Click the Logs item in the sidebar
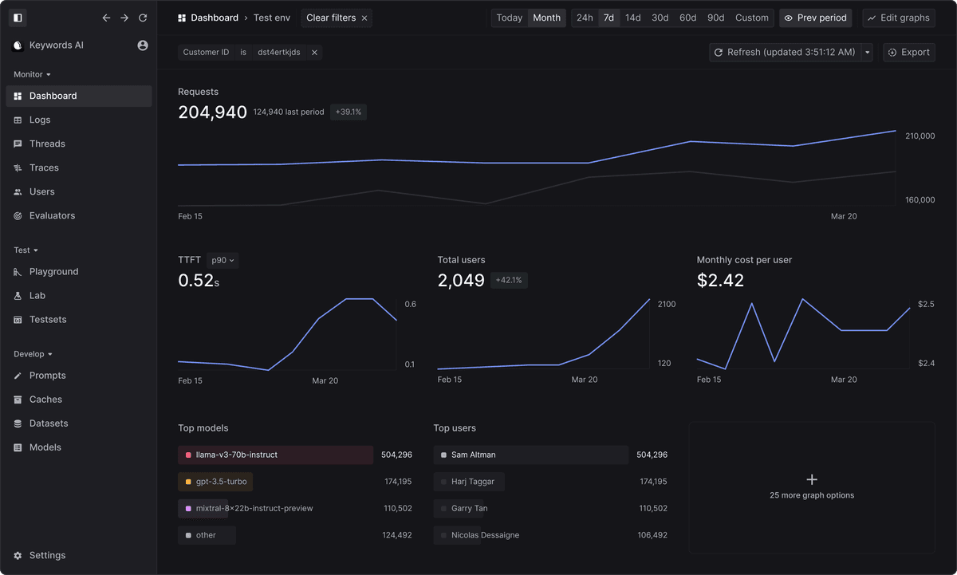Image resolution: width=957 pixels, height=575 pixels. (x=40, y=120)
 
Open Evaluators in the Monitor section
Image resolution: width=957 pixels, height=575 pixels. (x=52, y=215)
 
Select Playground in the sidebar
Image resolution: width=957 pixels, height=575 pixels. (x=53, y=271)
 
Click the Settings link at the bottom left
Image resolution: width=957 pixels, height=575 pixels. (x=47, y=555)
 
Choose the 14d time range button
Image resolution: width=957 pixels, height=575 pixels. (x=632, y=18)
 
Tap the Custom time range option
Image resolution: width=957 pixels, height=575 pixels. (x=751, y=18)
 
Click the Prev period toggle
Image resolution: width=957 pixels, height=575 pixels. (x=815, y=18)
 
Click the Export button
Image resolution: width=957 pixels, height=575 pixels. (x=908, y=52)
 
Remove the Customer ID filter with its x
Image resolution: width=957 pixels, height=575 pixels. (x=314, y=53)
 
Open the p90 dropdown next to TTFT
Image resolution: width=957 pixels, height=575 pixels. (x=223, y=260)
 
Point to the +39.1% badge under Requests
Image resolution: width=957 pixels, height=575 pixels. (x=349, y=112)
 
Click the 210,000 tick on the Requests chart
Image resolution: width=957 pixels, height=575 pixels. (x=920, y=136)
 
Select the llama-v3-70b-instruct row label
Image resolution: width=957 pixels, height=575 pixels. (x=237, y=455)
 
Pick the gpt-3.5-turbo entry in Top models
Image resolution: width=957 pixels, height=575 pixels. (x=221, y=482)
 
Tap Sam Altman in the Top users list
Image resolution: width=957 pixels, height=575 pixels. (x=473, y=455)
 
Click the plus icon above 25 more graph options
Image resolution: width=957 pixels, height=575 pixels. (x=812, y=479)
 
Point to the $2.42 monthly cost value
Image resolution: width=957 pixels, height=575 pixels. (x=720, y=280)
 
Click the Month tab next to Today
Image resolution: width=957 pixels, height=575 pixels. (x=546, y=18)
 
